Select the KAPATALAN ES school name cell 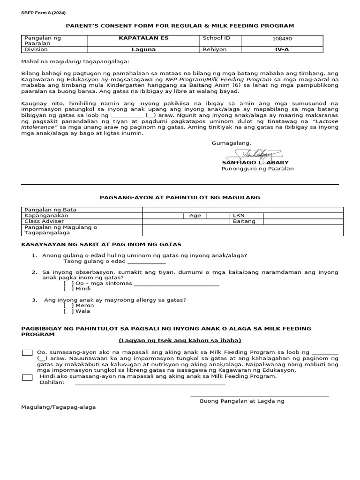coord(137,37)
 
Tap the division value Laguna coord(137,49)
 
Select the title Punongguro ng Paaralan coord(257,169)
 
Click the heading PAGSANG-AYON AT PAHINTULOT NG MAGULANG coord(180,198)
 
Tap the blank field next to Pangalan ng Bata coord(243,210)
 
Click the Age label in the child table coord(195,216)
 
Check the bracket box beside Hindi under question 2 coord(68,289)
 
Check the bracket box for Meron coord(68,305)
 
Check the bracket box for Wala coord(68,311)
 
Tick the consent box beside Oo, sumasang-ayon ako coord(27,352)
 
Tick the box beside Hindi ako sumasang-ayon coord(27,377)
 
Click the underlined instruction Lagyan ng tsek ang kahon coord(180,340)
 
